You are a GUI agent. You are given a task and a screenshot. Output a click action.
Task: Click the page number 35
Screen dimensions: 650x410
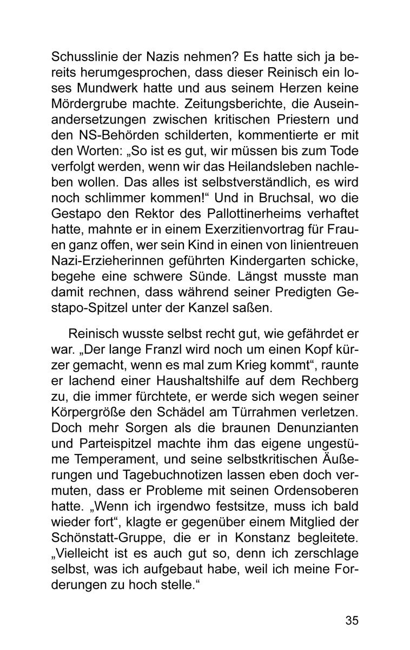click(x=352, y=621)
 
